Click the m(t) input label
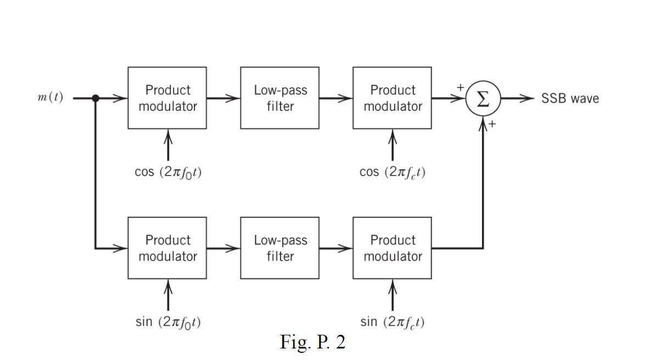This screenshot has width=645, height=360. coord(50,98)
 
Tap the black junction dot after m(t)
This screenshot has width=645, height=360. coord(96,98)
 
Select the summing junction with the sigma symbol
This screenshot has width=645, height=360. coord(483,99)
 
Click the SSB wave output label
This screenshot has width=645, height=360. coord(570,99)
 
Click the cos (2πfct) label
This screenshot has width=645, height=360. coord(392,172)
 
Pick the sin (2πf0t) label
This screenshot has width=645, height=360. coord(168,322)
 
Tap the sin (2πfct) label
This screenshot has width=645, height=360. coord(392,322)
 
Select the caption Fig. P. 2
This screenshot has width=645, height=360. coord(313,342)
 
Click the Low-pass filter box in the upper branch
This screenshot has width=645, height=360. coord(280,98)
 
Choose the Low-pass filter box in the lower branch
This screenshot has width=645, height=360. coord(280,248)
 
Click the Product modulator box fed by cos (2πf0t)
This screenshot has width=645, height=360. coord(167,98)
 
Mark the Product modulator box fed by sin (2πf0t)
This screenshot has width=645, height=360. coord(167,248)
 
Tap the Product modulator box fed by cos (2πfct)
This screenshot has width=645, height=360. coord(392,98)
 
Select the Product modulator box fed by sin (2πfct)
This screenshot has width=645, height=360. coord(392,248)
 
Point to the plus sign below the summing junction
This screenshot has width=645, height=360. coord(492,125)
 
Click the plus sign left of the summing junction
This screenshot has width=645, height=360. coord(460,88)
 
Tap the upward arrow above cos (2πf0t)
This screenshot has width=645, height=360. coord(168,145)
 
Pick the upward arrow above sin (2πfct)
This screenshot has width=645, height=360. coord(392,295)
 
